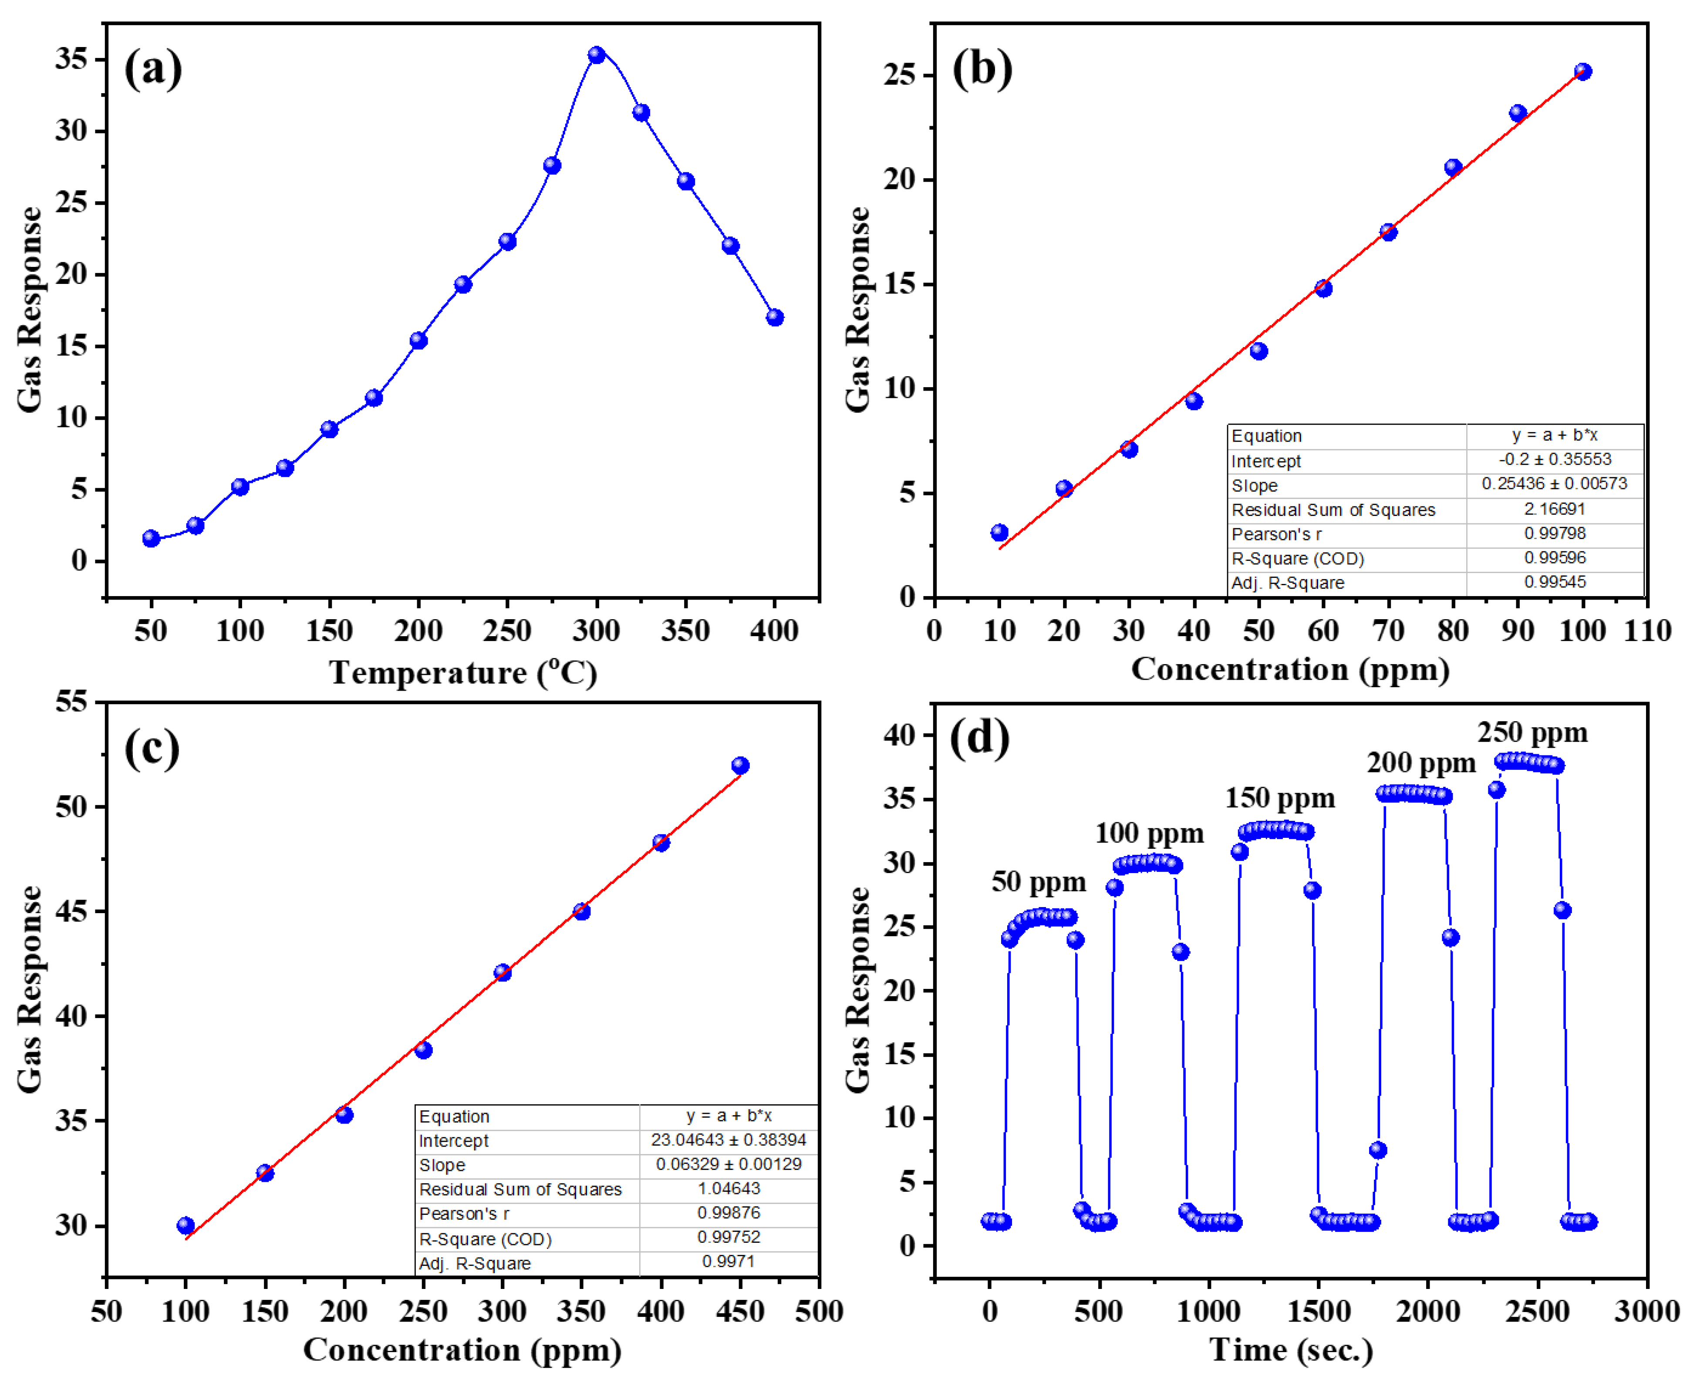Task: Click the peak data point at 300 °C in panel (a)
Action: click(596, 55)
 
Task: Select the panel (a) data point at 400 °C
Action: click(775, 318)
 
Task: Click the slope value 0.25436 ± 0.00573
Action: click(1554, 484)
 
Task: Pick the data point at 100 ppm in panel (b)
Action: click(1582, 72)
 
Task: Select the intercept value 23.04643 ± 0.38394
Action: click(728, 1140)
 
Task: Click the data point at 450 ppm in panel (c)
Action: click(740, 766)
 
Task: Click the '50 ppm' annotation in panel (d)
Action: click(1038, 882)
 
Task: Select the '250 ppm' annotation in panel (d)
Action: click(1532, 732)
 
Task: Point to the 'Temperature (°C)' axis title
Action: click(463, 673)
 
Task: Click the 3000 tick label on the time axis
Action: click(1646, 1311)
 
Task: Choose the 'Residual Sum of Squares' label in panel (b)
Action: click(1333, 510)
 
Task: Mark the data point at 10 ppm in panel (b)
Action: click(999, 532)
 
